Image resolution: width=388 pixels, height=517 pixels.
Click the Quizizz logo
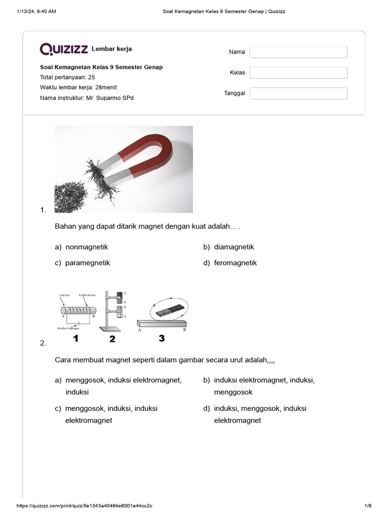pos(64,49)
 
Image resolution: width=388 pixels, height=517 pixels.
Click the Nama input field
pos(298,52)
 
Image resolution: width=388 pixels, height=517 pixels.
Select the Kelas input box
pos(298,73)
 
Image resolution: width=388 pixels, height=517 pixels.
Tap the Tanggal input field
pos(298,93)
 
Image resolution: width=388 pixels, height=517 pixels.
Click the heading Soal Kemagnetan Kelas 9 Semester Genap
pos(101,67)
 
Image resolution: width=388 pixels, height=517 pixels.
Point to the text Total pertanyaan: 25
pos(67,77)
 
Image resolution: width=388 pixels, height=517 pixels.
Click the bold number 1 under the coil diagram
pos(76,339)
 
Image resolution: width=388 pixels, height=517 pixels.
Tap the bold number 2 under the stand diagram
pos(112,339)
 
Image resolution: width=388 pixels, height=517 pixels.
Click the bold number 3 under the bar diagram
pos(162,338)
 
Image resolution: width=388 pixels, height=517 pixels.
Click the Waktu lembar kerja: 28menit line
pos(78,87)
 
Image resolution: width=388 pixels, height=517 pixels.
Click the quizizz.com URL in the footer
pos(84,506)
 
